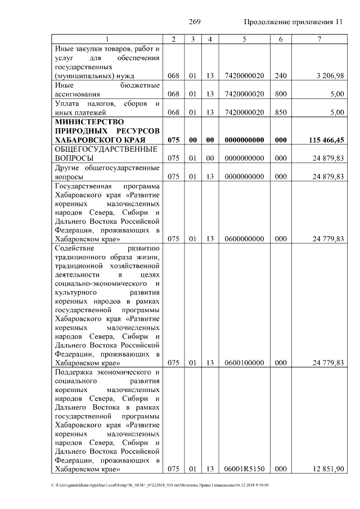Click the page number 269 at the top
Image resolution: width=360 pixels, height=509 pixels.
pos(195,22)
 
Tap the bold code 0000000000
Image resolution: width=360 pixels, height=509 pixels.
pos(244,139)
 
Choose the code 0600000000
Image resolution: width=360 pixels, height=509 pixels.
pos(244,239)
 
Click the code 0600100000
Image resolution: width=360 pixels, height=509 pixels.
pos(244,363)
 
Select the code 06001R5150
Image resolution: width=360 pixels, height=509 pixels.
pos(244,469)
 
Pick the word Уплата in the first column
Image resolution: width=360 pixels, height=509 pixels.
pos(67,103)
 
